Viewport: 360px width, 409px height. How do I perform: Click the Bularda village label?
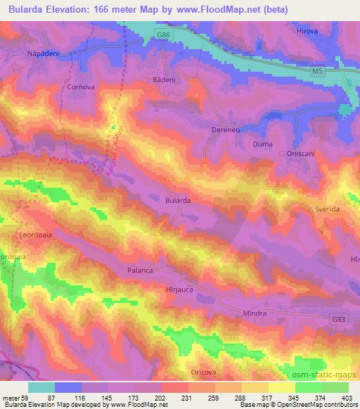178,200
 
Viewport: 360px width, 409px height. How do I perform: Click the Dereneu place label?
226,130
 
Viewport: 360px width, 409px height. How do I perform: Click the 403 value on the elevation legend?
345,397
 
